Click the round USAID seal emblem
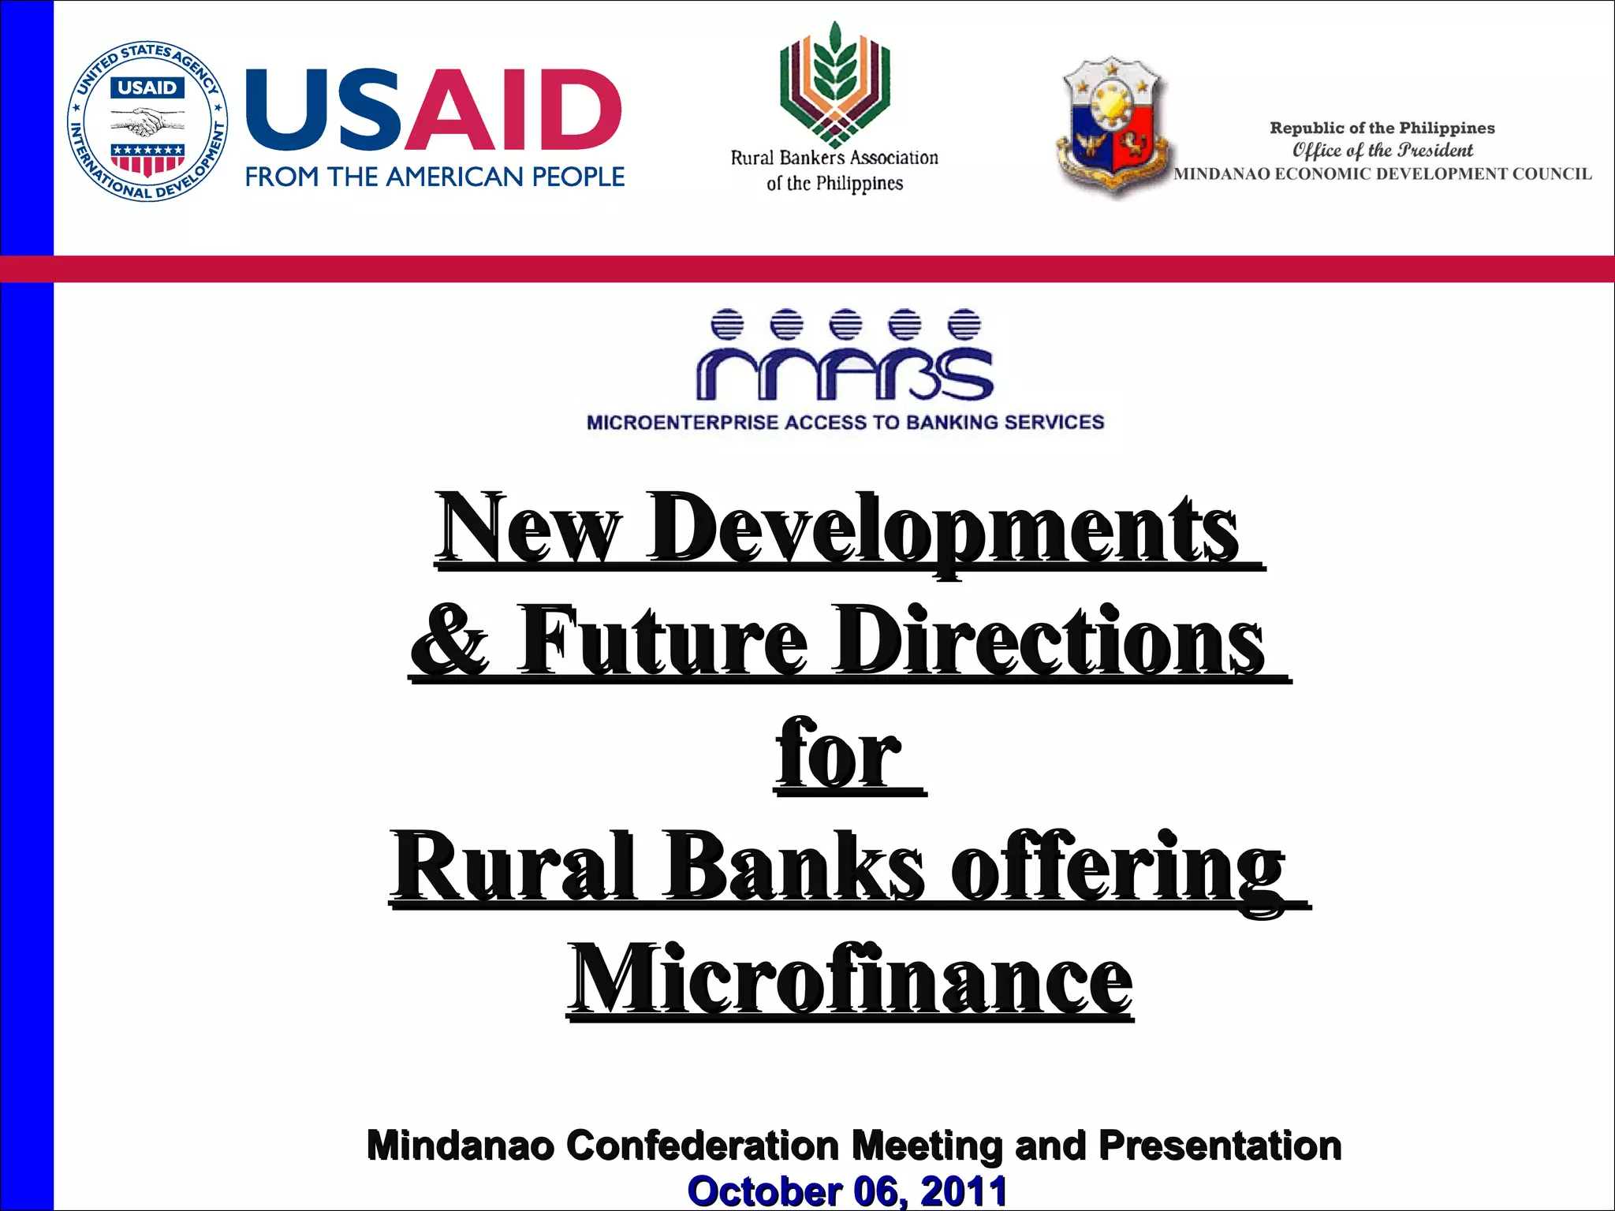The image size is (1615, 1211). (x=147, y=121)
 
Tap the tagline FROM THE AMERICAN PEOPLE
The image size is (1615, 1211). (x=435, y=177)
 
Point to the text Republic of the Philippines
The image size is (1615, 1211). (x=1382, y=128)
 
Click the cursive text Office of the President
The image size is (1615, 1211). (x=1382, y=150)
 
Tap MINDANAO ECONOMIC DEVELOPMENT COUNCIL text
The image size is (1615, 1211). (x=1382, y=174)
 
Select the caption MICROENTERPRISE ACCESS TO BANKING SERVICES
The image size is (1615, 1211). (x=845, y=423)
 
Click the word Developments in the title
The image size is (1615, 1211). (x=942, y=528)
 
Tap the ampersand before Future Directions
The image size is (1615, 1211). (x=450, y=640)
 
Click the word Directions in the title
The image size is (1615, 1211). (x=1049, y=640)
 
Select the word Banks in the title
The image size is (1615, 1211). (x=793, y=867)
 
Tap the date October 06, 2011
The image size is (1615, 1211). (x=847, y=1191)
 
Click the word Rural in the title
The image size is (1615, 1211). (x=513, y=867)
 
